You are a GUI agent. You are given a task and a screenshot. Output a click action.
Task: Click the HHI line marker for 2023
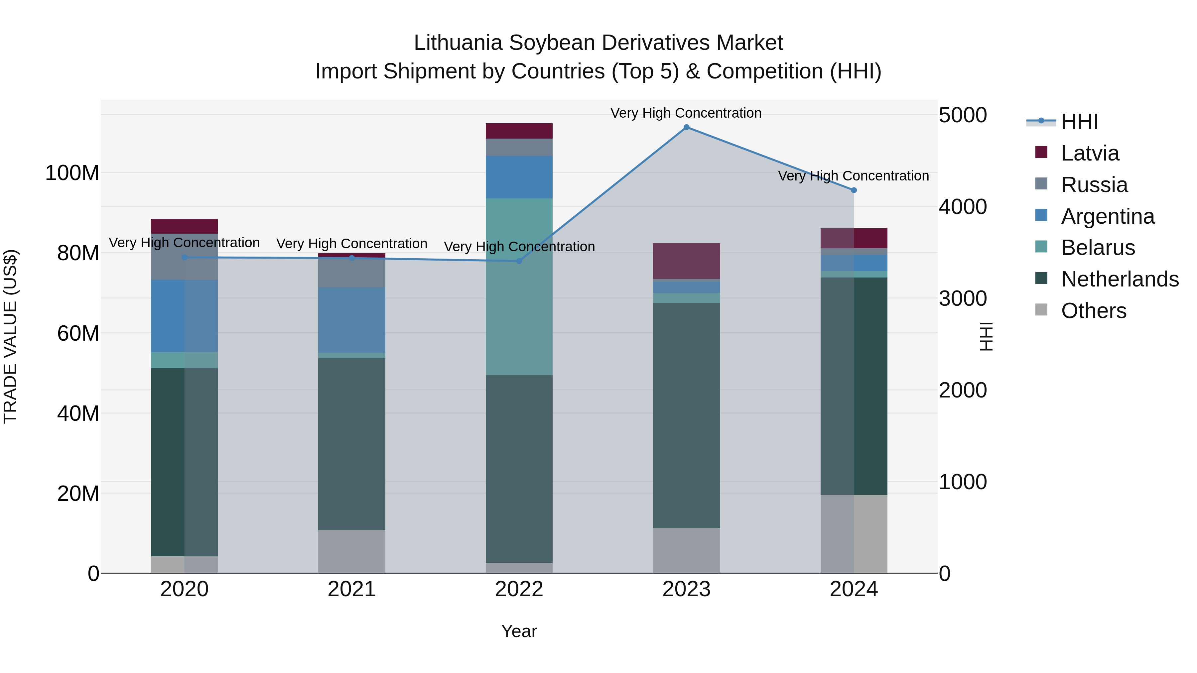[x=686, y=127]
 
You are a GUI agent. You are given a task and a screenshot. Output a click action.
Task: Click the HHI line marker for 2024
[x=854, y=190]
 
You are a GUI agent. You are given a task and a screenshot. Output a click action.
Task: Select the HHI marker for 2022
[x=519, y=261]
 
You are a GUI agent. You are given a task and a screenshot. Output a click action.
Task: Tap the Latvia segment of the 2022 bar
[x=519, y=131]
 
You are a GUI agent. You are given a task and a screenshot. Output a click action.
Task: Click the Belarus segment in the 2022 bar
[x=519, y=286]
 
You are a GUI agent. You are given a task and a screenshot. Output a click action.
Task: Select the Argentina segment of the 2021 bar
[x=352, y=320]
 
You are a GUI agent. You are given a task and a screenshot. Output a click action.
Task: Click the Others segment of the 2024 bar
[x=854, y=534]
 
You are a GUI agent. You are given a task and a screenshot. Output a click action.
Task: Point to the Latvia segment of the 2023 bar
[x=686, y=261]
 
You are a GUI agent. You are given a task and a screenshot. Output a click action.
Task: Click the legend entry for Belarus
[x=1098, y=248]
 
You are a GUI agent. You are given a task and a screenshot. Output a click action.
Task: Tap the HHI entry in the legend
[x=1079, y=122]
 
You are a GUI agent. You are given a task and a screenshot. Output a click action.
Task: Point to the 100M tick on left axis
[x=72, y=173]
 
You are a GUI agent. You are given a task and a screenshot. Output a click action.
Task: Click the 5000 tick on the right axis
[x=962, y=115]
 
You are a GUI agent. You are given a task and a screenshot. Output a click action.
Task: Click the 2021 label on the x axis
[x=352, y=589]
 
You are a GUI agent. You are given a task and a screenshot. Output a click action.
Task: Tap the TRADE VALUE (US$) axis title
[x=10, y=336]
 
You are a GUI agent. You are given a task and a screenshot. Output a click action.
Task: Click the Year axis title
[x=519, y=631]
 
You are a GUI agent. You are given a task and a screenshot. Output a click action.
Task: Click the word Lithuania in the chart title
[x=458, y=43]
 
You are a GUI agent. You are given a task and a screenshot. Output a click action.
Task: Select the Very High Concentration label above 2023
[x=686, y=113]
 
